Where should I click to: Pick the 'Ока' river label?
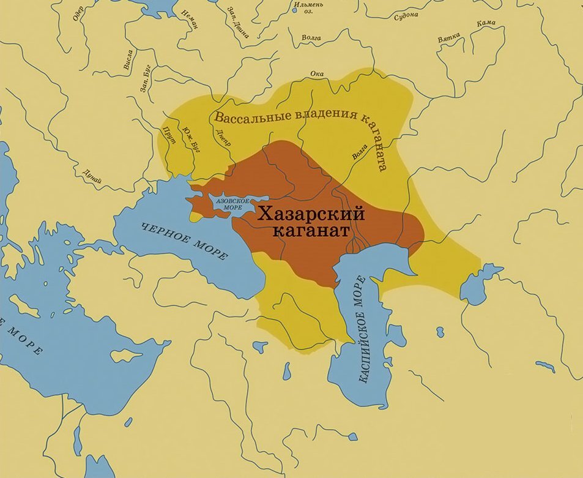pyautogui.click(x=317, y=74)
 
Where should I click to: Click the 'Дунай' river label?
pyautogui.click(x=92, y=175)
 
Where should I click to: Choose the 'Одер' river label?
pyautogui.click(x=78, y=13)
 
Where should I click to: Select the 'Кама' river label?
pyautogui.click(x=488, y=23)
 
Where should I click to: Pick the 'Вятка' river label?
pyautogui.click(x=448, y=39)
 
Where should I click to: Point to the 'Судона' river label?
pyautogui.click(x=405, y=15)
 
